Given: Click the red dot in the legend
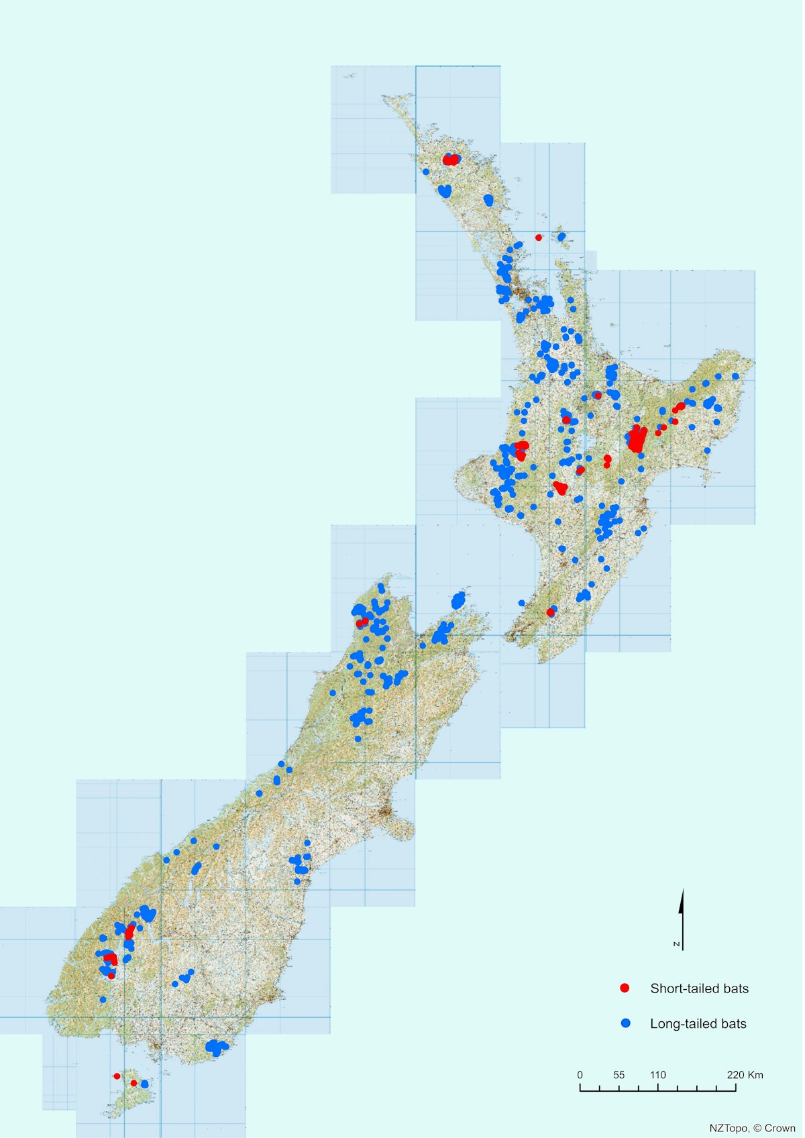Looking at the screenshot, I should click(x=625, y=988).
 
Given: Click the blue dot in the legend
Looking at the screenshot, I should click(x=625, y=1023).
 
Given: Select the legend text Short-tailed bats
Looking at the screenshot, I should click(x=699, y=988).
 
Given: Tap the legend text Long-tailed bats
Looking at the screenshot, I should click(x=698, y=1023).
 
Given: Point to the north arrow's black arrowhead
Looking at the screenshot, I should click(x=682, y=901).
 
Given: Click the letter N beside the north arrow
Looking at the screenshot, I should click(x=677, y=944).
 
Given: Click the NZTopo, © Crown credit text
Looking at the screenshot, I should click(x=752, y=1128).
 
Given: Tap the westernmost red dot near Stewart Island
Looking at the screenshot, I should click(x=117, y=1076).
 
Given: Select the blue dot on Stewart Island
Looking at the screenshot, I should click(x=145, y=1084).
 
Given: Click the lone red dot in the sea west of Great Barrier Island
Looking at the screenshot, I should click(x=538, y=237).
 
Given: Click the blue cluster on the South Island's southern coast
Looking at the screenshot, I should click(x=216, y=1047).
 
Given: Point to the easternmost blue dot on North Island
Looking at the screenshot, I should click(x=735, y=376).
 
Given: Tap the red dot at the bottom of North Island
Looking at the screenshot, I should click(x=550, y=612).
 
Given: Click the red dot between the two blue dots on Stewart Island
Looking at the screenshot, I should click(x=133, y=1082).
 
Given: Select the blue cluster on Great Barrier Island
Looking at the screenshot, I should click(x=561, y=236).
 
